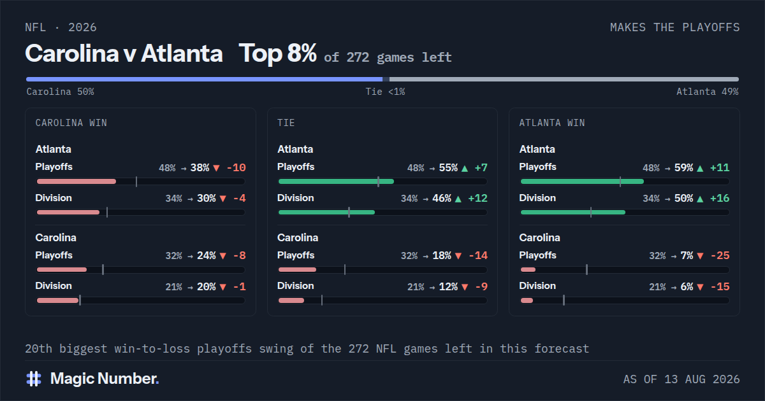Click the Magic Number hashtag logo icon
click(x=34, y=379)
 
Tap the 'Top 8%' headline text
click(x=277, y=53)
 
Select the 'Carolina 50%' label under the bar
click(x=60, y=92)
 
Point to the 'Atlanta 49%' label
click(x=707, y=92)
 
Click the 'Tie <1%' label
click(x=385, y=92)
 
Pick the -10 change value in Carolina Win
click(x=236, y=168)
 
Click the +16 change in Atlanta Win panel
click(x=720, y=198)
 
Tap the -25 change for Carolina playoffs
click(x=720, y=255)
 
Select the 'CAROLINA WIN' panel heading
click(x=71, y=123)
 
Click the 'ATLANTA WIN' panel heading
click(x=552, y=123)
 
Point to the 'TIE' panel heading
click(x=286, y=123)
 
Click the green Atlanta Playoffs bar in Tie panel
click(x=336, y=181)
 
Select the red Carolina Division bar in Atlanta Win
click(x=527, y=300)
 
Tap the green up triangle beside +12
click(x=458, y=199)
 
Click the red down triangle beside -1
click(x=223, y=287)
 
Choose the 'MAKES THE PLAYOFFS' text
click(x=675, y=27)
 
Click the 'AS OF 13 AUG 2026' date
click(x=681, y=379)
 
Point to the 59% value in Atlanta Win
click(x=683, y=168)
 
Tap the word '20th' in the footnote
click(x=39, y=349)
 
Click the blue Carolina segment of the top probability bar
click(x=204, y=79)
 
